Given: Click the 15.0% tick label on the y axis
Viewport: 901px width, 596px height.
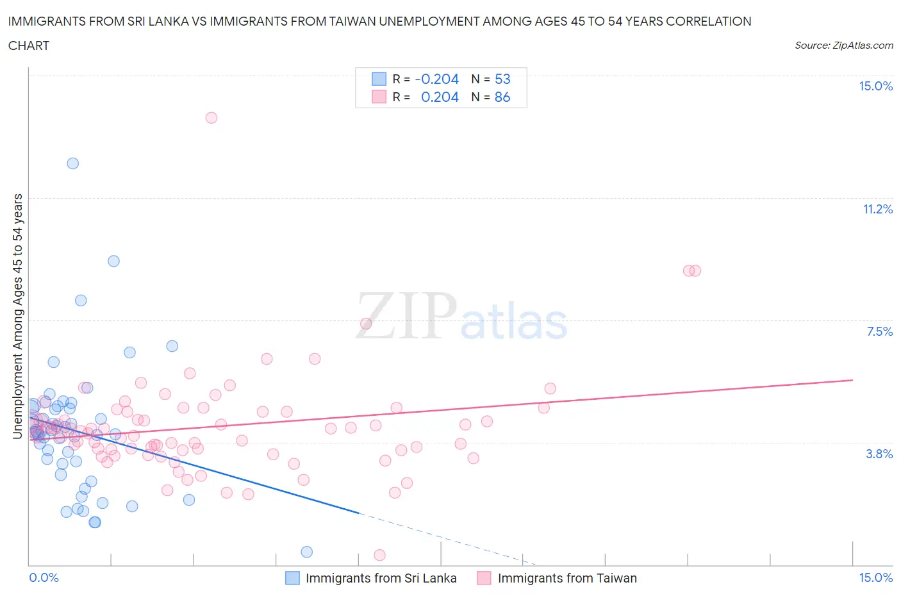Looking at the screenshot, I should (x=875, y=87).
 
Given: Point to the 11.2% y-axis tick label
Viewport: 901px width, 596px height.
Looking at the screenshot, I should (x=877, y=210).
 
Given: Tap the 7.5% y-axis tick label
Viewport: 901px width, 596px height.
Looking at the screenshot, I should (x=879, y=332).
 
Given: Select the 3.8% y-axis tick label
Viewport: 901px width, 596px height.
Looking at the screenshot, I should (x=879, y=454).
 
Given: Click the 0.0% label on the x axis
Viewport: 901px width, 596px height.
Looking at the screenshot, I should (x=44, y=578).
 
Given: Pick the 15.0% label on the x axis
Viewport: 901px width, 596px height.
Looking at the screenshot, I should (x=875, y=578).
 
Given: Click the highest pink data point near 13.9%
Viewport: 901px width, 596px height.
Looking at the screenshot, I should (x=211, y=118).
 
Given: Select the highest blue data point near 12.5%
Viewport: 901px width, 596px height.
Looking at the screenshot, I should (x=73, y=163).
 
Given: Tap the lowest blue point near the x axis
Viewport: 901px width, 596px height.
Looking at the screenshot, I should (x=307, y=552).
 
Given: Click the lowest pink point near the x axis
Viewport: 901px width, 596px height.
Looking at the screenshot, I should (x=379, y=555).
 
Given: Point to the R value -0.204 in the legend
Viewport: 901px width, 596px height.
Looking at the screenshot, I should (x=437, y=79).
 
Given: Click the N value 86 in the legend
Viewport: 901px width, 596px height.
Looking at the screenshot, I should (x=502, y=97).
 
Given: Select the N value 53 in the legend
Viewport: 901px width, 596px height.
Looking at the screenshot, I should (x=502, y=79).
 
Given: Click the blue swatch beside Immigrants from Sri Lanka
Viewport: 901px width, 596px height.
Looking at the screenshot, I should (x=292, y=578).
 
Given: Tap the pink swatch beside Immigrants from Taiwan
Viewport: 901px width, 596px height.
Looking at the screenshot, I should (x=484, y=578).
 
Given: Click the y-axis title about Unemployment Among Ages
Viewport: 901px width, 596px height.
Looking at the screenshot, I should (x=17, y=317).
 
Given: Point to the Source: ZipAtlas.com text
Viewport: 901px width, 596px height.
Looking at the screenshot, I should (x=843, y=46).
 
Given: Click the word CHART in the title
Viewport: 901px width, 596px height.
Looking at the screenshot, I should (x=29, y=46).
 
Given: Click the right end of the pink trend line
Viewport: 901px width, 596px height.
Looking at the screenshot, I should (x=852, y=380).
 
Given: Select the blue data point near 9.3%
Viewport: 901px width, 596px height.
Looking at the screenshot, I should (x=113, y=261).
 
